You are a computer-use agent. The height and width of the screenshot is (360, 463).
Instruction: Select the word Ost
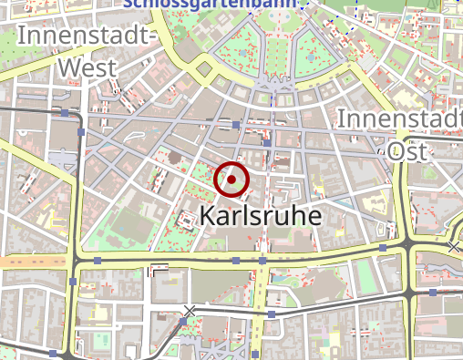[408, 150]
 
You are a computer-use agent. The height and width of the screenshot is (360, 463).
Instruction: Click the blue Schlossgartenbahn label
[210, 3]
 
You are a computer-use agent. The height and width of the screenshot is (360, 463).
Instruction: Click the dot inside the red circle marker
[231, 180]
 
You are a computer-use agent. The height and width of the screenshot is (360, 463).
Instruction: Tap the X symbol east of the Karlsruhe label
[454, 247]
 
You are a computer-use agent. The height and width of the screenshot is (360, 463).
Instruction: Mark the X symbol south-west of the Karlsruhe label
[190, 311]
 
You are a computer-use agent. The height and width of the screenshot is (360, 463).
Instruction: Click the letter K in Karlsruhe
[207, 216]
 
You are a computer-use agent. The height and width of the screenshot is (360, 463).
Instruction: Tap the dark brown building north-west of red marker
[173, 159]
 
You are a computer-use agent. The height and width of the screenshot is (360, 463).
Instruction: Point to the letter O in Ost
[394, 150]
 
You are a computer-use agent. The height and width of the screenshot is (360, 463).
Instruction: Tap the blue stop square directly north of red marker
[236, 123]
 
